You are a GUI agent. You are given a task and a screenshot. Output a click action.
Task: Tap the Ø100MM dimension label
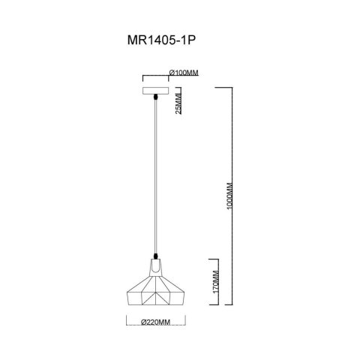[x=184, y=72]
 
